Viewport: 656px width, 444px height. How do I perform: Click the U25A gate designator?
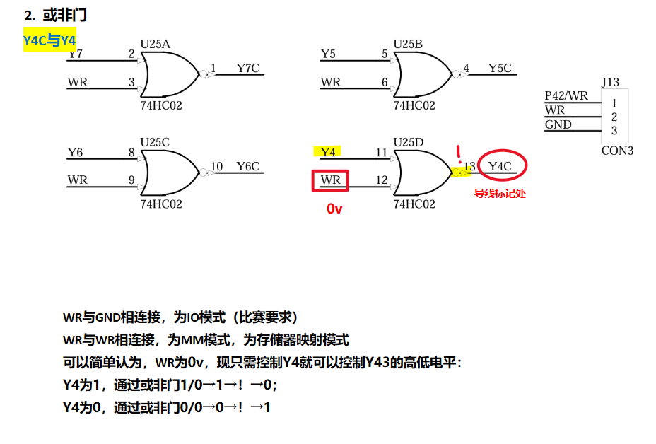coord(155,44)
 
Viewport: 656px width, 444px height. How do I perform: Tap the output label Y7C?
coord(247,69)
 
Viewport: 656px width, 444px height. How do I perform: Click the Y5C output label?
coord(499,69)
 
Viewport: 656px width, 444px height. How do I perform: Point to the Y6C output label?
coord(247,167)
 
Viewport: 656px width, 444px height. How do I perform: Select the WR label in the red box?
coord(330,180)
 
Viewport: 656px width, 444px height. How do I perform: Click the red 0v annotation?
coord(334,209)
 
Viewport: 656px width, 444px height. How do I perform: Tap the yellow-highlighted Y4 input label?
coord(327,152)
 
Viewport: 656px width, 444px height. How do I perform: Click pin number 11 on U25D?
coord(382,153)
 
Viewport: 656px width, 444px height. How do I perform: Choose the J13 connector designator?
coord(610,83)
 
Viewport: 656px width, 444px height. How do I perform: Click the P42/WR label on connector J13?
coord(566,96)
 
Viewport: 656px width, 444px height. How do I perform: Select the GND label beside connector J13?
coord(558,125)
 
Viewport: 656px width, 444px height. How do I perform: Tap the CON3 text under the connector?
coord(617,151)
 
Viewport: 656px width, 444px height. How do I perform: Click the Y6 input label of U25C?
coord(75,153)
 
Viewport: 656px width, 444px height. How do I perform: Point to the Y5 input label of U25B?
coord(328,54)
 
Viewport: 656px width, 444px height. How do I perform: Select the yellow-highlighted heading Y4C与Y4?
coord(49,41)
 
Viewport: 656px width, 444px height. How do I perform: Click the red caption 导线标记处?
coord(500,193)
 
